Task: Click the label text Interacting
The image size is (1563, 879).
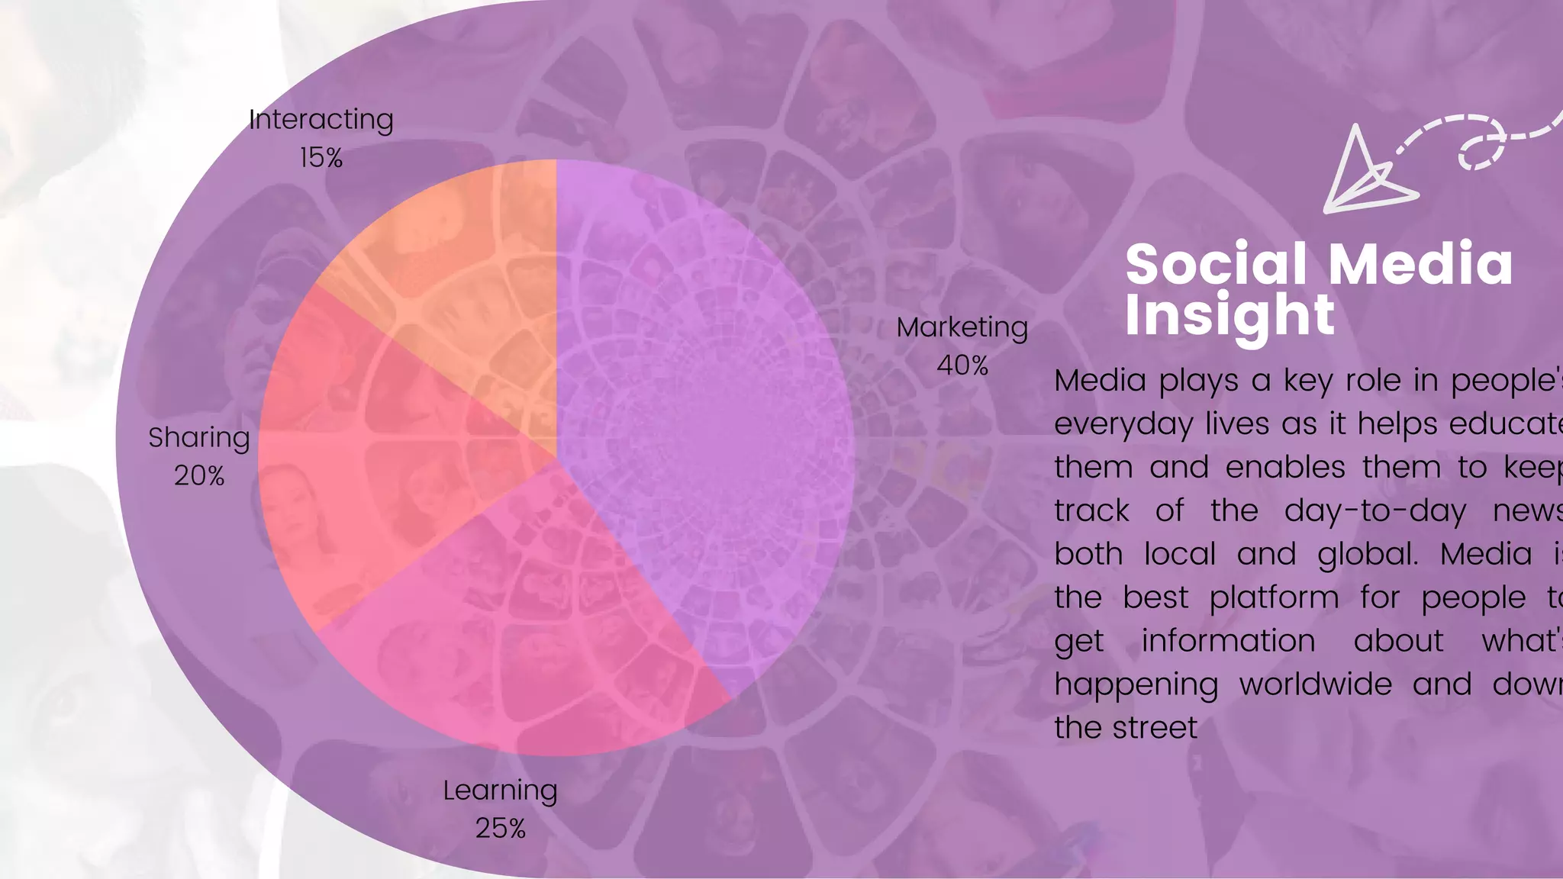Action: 321,120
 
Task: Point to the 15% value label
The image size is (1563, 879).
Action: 321,158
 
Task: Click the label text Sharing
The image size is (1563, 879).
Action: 199,438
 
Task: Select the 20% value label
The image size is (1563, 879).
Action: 199,476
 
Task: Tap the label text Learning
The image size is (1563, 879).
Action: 500,790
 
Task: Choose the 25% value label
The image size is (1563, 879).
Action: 500,829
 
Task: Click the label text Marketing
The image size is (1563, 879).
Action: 962,327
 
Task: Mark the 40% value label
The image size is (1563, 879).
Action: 962,365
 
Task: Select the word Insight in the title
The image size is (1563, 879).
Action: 1229,314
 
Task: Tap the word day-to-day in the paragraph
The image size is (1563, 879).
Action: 1375,510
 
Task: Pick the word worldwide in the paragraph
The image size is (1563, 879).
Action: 1315,684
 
